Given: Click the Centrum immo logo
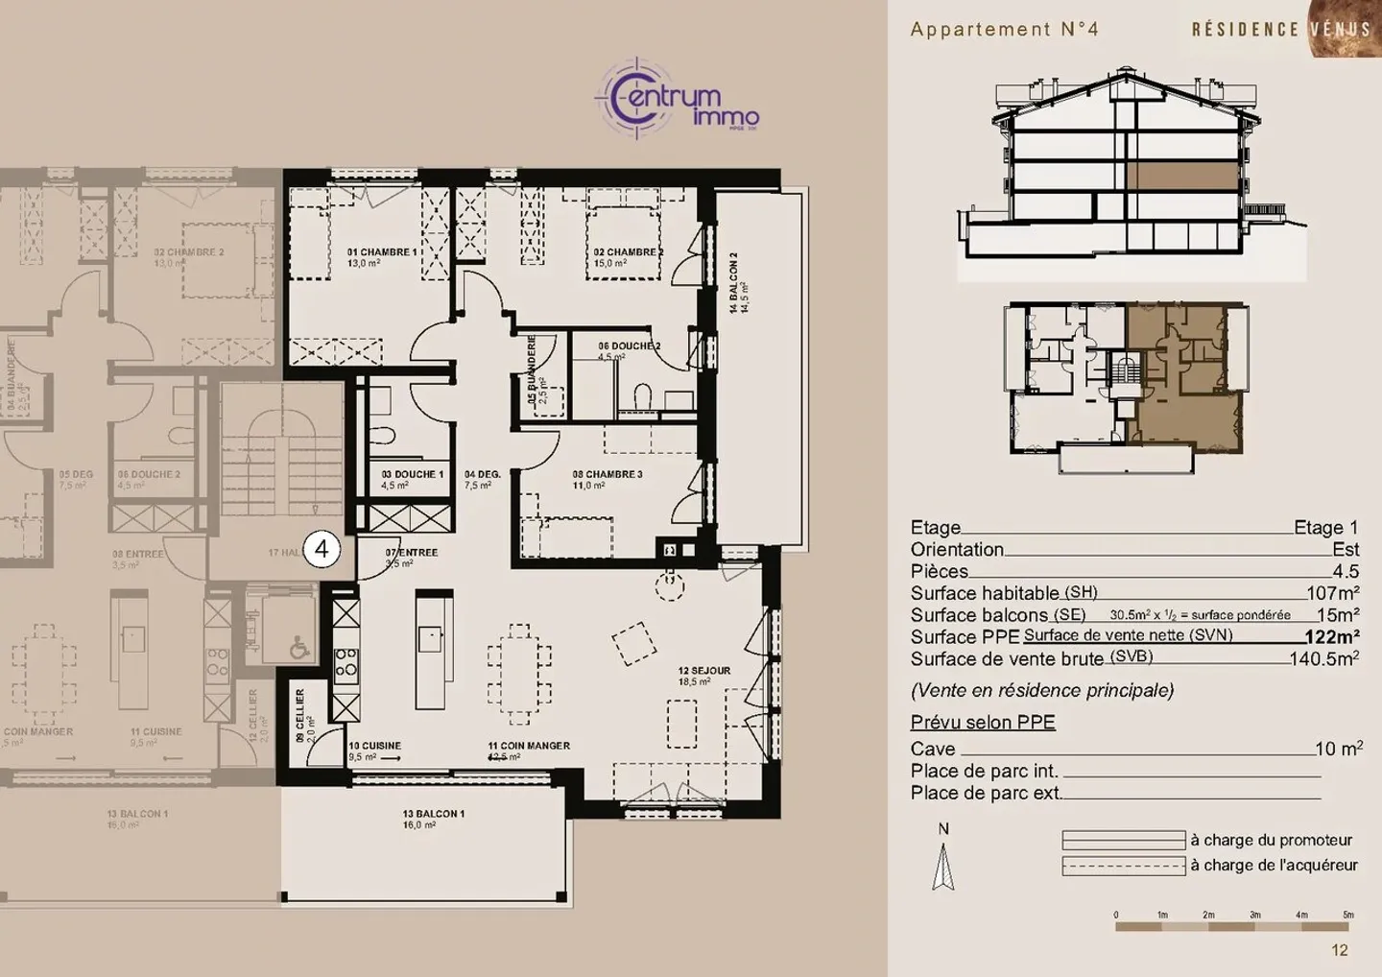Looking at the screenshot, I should click(678, 99).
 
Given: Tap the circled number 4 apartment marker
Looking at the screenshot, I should click(322, 550).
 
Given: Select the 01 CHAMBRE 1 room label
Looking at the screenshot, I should click(382, 252).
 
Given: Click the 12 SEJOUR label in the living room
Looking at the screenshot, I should click(703, 671).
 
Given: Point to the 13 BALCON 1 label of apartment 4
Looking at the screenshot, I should click(433, 814).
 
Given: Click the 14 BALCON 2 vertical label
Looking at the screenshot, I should click(733, 282).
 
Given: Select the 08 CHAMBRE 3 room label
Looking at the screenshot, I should click(607, 474).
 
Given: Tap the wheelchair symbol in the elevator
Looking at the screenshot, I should click(299, 650).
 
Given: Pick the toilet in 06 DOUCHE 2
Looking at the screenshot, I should click(645, 395).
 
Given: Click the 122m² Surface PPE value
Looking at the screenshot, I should click(1331, 637).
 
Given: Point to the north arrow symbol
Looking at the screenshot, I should click(943, 866).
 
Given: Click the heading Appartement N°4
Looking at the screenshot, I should click(1004, 29).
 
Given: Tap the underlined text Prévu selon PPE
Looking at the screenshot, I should click(983, 723).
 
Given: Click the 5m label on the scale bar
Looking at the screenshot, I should click(1347, 915).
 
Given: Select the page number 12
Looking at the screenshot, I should click(1340, 950).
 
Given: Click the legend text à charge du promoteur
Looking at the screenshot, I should click(1271, 841).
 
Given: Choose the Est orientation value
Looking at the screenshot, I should click(1346, 550).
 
